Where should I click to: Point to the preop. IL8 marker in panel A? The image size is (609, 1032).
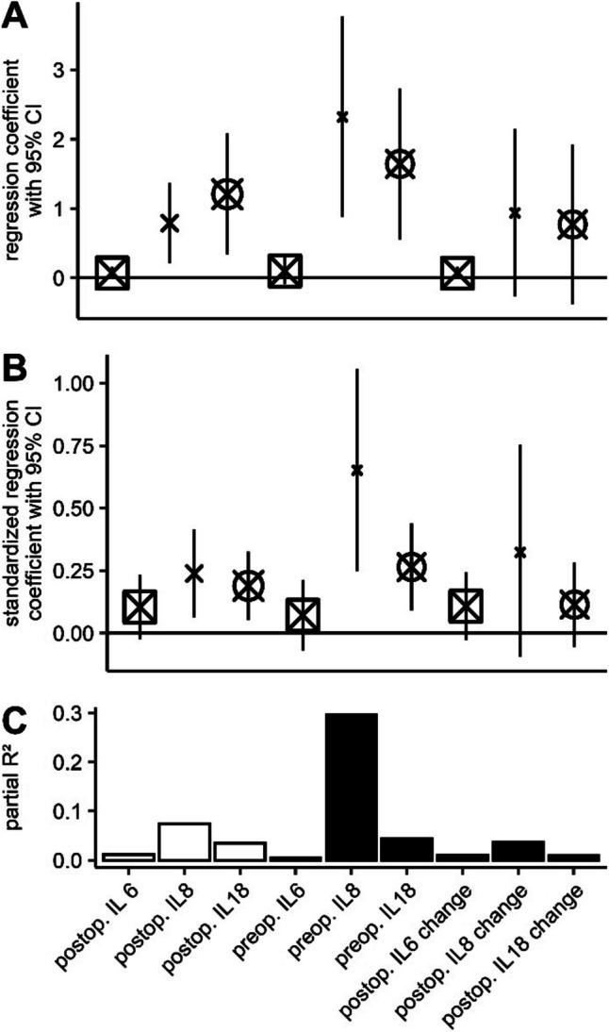[342, 117]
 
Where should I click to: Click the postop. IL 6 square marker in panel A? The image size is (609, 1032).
[112, 273]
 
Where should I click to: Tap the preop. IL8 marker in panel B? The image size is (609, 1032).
[357, 470]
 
